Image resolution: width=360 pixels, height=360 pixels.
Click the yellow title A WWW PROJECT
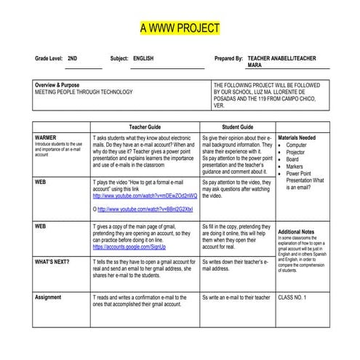click(x=180, y=28)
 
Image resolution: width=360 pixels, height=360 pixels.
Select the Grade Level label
click(x=48, y=57)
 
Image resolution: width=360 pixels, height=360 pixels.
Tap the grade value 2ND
click(x=73, y=57)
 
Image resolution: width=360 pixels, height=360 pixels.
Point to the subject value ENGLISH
click(x=143, y=57)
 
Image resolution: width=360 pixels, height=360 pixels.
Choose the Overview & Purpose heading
click(x=58, y=85)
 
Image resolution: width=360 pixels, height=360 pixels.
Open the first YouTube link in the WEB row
click(x=144, y=196)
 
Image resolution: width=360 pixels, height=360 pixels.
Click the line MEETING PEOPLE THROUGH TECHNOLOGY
click(x=84, y=92)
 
